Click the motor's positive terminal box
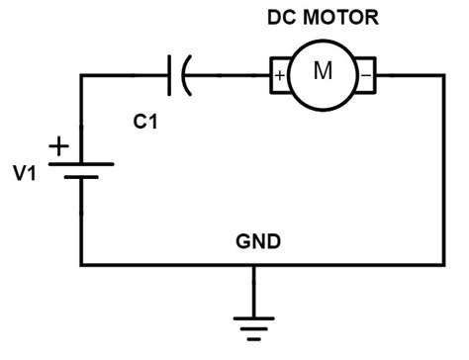click(279, 74)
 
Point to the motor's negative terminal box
click(366, 74)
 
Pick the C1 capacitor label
click(145, 122)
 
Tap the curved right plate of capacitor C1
click(186, 74)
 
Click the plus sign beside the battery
click(59, 147)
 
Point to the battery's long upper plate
click(81, 164)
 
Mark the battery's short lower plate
click(81, 180)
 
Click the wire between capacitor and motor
click(228, 74)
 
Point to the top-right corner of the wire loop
click(441, 74)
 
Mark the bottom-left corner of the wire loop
click(81, 264)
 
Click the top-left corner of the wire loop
click(81, 74)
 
